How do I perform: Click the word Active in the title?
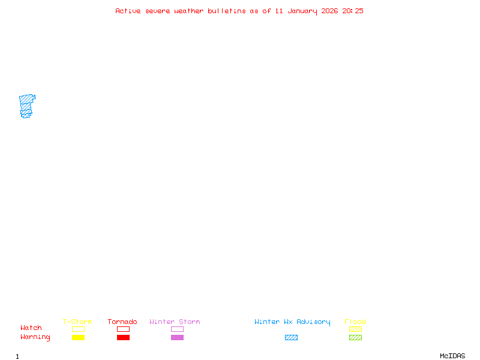128,11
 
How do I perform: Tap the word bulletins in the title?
227,11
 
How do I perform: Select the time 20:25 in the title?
353,11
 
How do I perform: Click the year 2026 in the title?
330,11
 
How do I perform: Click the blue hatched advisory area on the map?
26,104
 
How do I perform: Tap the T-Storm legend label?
77,322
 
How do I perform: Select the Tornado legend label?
122,322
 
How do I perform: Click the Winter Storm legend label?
175,322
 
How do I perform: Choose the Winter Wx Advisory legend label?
292,322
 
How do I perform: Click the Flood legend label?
355,322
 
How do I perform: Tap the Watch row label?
31,328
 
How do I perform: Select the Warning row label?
35,337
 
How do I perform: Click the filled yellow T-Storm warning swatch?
78,337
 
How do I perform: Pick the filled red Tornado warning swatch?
123,337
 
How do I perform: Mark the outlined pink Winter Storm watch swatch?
177,329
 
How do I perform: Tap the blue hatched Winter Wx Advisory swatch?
291,337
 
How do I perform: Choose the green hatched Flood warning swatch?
355,337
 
